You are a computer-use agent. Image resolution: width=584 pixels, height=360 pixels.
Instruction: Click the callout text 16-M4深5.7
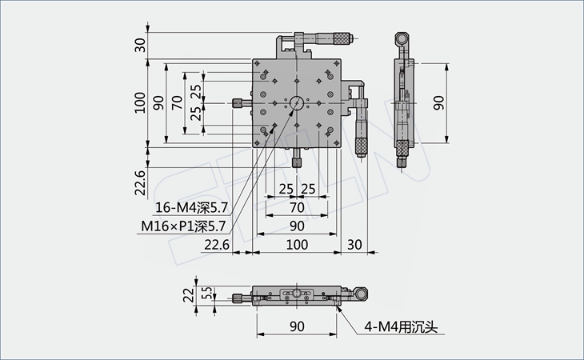pos(190,206)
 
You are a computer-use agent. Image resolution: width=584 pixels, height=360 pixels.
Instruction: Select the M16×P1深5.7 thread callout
pos(185,226)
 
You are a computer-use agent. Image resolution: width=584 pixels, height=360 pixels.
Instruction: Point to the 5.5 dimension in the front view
pos(206,294)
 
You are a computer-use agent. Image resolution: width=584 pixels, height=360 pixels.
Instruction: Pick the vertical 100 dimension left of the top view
pos(140,102)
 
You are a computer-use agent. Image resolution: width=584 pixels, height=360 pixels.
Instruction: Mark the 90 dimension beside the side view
pos(438,102)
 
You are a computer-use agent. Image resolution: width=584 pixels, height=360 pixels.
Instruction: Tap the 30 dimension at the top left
pos(140,45)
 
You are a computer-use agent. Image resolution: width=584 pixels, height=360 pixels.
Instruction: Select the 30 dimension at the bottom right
pos(355,243)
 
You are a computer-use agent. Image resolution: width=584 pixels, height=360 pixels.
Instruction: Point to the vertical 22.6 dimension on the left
pos(140,183)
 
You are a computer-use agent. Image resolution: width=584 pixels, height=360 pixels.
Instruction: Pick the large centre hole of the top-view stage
pos(296,102)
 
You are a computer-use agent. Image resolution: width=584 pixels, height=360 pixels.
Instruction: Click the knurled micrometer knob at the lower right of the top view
pos(360,145)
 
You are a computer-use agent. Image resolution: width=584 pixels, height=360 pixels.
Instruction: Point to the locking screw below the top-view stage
pos(296,160)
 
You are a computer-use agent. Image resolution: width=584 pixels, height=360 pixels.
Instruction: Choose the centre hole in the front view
pos(296,294)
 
